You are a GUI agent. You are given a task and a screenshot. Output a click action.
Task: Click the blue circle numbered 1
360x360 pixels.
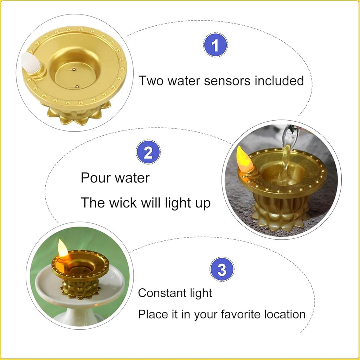point(216,45)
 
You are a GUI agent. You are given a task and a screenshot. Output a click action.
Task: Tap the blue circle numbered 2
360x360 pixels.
point(148,152)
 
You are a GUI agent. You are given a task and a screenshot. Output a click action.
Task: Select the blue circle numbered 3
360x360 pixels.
point(222,269)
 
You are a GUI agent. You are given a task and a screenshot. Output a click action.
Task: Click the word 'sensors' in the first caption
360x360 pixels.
point(227,81)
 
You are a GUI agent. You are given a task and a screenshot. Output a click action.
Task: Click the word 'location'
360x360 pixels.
point(285,314)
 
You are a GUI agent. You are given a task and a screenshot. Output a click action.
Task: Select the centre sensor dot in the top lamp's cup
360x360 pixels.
point(73,69)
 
